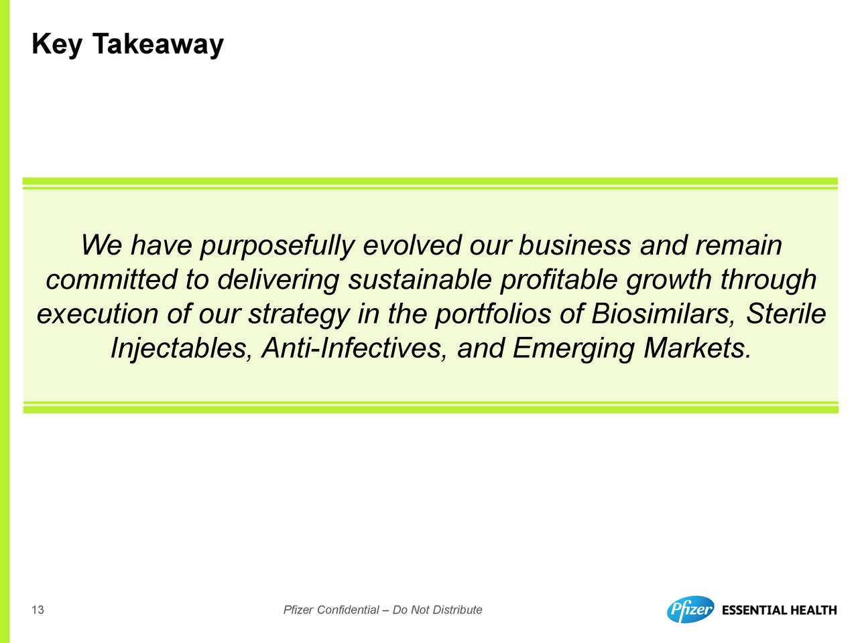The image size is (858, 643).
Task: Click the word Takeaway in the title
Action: pos(158,44)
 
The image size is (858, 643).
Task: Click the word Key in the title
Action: pos(57,44)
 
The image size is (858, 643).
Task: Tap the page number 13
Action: pos(38,610)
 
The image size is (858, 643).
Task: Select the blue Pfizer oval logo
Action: pos(690,609)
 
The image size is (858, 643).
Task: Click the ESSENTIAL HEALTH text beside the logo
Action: pos(780,610)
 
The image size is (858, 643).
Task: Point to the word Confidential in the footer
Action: pos(348,610)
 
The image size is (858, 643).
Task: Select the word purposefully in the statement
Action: pos(277,246)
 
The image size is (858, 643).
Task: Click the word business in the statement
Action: pos(574,245)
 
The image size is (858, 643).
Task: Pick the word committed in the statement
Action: pos(111,279)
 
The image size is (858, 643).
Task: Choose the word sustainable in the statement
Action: pos(420,279)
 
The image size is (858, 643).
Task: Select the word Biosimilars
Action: pos(664,315)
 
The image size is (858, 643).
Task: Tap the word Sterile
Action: pos(786,314)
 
